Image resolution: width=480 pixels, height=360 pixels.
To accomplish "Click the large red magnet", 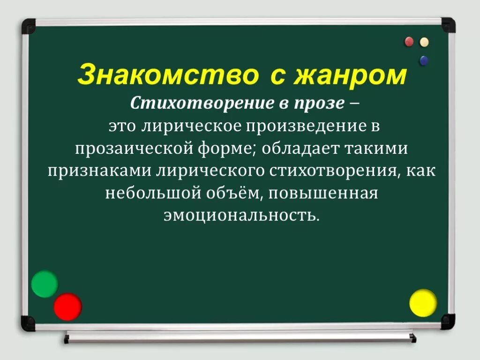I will tap(67, 306).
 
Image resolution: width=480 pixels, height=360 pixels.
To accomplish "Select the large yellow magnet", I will tap(423, 303).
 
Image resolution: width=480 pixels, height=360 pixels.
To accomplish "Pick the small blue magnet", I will tap(424, 60).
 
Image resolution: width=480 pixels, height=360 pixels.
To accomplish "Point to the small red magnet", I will tap(409, 42).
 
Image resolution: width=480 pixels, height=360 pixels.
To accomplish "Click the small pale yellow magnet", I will tap(424, 42).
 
